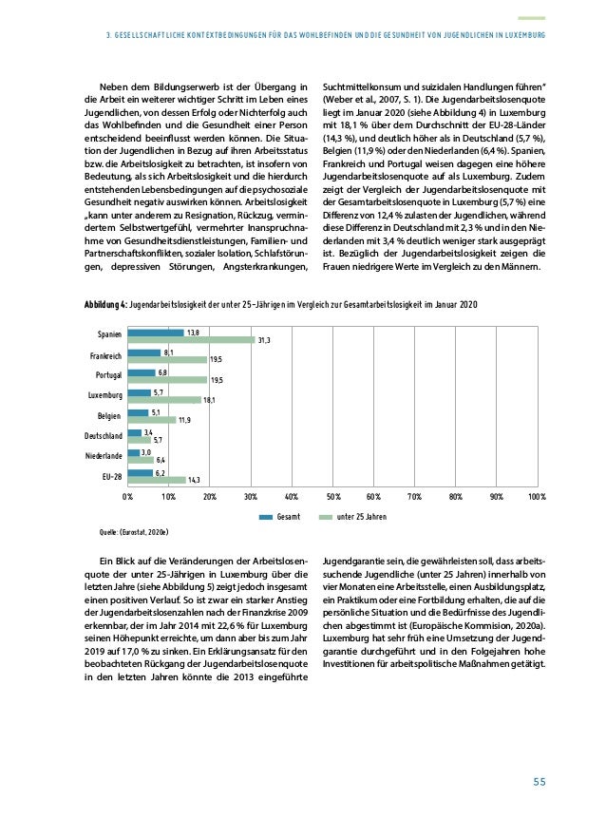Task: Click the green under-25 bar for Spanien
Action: point(191,340)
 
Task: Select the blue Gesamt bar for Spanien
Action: point(156,332)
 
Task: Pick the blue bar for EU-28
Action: point(140,472)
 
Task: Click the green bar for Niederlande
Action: point(141,460)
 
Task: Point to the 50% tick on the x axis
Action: point(332,496)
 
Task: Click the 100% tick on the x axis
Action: point(536,496)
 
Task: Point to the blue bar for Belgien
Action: point(138,412)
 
